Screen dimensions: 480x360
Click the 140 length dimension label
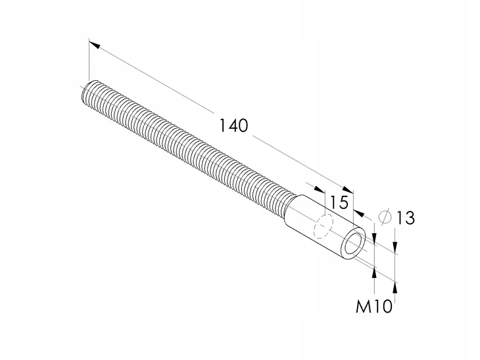pyautogui.click(x=234, y=125)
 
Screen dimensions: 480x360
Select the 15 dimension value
pyautogui.click(x=339, y=202)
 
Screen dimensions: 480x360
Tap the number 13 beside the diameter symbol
pyautogui.click(x=406, y=218)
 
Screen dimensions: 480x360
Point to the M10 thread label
pyautogui.click(x=373, y=306)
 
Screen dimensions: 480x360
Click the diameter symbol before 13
pyautogui.click(x=385, y=217)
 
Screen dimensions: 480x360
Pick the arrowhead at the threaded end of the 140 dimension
pyautogui.click(x=94, y=45)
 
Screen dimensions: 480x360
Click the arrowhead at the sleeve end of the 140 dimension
pyautogui.click(x=348, y=190)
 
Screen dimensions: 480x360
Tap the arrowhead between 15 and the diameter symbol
pyautogui.click(x=359, y=214)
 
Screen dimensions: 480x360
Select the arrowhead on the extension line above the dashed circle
pyautogui.click(x=319, y=189)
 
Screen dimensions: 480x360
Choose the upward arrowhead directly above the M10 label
pyautogui.click(x=374, y=273)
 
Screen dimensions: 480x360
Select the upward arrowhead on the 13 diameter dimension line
pyautogui.click(x=395, y=288)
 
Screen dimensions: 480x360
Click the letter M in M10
pyautogui.click(x=362, y=306)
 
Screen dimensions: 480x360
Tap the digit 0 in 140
pyautogui.click(x=242, y=125)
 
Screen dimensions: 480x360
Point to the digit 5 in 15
pyautogui.click(x=343, y=202)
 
